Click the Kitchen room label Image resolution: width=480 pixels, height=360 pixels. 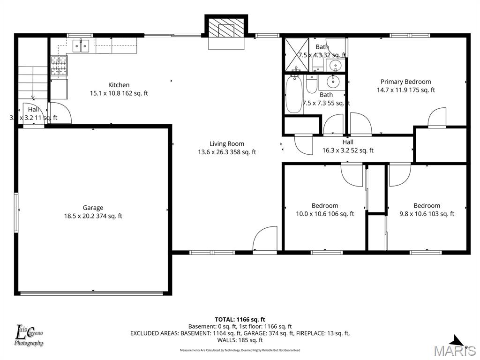[119, 85]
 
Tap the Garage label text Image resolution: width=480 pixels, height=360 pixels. [93, 208]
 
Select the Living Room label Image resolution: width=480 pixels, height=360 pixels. [227, 144]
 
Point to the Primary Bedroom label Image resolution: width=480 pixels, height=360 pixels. [405, 82]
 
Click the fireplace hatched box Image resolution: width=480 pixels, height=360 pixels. [226, 29]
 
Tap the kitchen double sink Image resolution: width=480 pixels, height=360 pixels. [81, 45]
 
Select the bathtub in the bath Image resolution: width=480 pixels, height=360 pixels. [294, 95]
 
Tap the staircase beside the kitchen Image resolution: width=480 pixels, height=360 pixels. [33, 82]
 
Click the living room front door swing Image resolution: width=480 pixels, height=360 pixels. [265, 239]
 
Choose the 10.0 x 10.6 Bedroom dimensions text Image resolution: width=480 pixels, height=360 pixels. [325, 214]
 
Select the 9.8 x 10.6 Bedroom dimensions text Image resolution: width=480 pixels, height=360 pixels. [427, 214]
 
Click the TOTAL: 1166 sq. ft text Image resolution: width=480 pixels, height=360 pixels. [240, 319]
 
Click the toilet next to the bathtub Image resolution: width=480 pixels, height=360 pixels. [312, 85]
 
